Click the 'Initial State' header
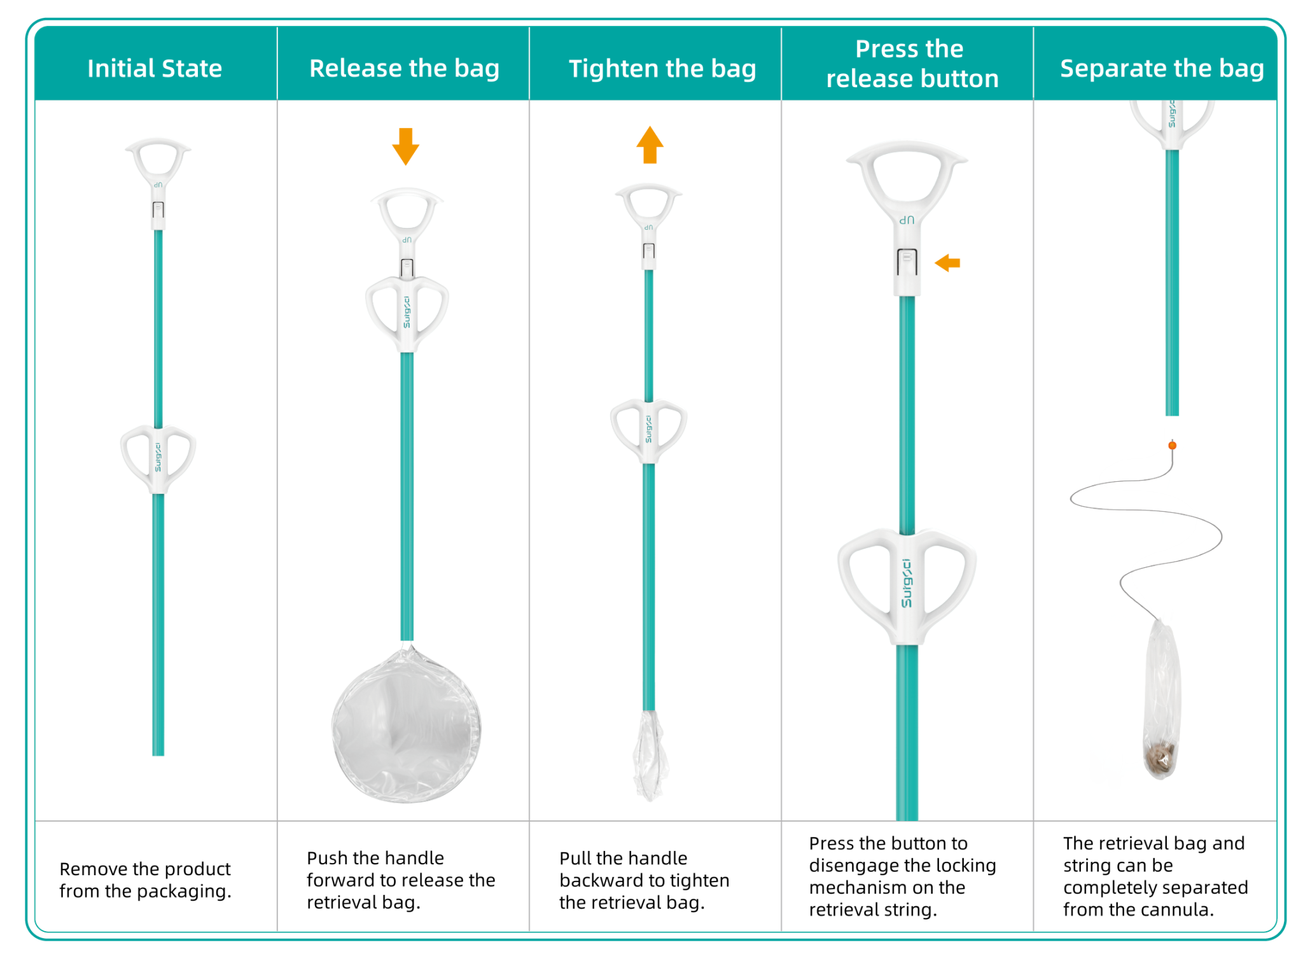[155, 69]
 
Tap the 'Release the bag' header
[404, 69]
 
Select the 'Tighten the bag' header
[662, 69]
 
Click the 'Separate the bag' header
[1162, 69]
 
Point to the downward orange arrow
[405, 146]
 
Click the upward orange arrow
[650, 145]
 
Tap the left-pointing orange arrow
[947, 263]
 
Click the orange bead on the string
[1172, 446]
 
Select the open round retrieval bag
[406, 726]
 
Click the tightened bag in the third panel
[650, 754]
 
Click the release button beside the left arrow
[907, 262]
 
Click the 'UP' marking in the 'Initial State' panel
[158, 185]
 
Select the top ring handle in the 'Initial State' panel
[158, 158]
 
